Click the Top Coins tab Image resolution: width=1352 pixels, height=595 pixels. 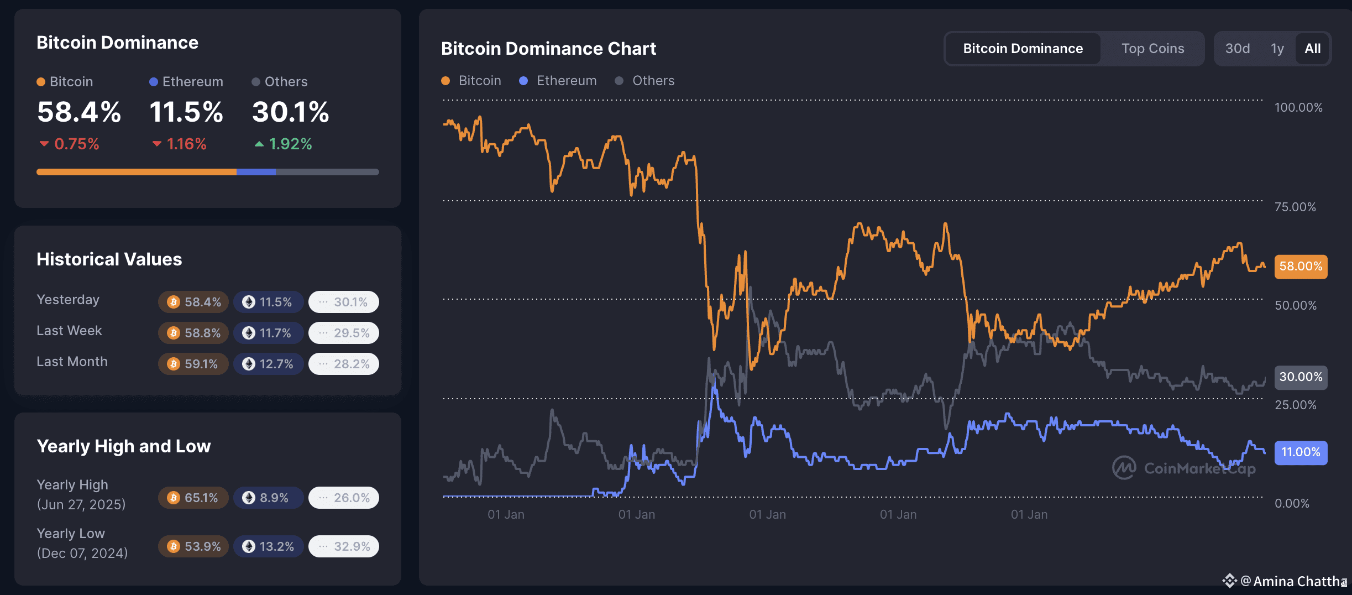[1152, 49]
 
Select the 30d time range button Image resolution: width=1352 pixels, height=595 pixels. [1237, 49]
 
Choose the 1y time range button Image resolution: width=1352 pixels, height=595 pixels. [1277, 49]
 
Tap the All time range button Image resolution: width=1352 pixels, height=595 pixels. [1312, 49]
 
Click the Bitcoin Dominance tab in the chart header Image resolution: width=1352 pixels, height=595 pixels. [1023, 49]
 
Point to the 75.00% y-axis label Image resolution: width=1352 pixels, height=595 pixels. [1295, 207]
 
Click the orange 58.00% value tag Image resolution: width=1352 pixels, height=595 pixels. [1300, 267]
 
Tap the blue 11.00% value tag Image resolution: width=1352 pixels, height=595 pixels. [1300, 452]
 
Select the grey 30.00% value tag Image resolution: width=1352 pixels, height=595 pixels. [1300, 377]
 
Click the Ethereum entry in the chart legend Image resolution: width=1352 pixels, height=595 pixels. [558, 81]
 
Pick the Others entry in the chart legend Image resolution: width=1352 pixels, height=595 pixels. [645, 81]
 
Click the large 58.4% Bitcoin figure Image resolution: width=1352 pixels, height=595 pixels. [79, 112]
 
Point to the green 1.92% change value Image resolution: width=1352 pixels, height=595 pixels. [290, 144]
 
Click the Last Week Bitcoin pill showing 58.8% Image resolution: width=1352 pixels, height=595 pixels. [193, 333]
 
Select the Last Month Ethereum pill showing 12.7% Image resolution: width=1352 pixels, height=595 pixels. [268, 364]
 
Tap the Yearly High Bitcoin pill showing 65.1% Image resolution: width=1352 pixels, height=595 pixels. [193, 498]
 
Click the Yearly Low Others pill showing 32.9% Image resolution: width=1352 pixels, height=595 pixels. [344, 546]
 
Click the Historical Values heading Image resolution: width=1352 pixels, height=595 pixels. [109, 259]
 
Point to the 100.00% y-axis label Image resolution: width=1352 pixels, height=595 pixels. [1298, 107]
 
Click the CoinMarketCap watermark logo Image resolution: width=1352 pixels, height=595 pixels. [1124, 468]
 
